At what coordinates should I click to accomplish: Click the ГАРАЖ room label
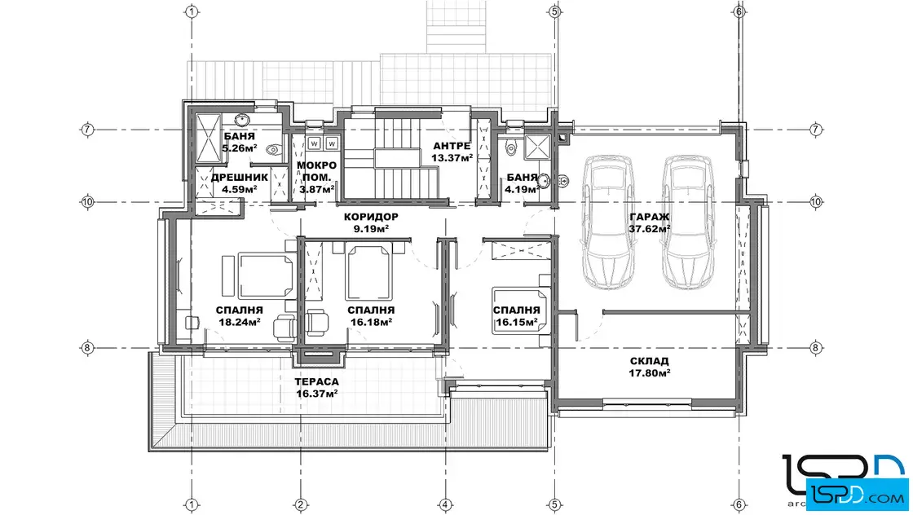tap(649, 217)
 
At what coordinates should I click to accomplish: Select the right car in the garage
tap(688, 222)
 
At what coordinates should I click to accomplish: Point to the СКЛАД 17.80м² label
tap(649, 368)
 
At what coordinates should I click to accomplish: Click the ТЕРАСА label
tap(317, 381)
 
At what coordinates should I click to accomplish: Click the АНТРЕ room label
tap(452, 146)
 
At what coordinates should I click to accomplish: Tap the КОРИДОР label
tap(371, 217)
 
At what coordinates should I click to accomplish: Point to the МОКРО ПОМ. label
tap(317, 171)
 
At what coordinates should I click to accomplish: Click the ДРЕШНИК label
tap(240, 178)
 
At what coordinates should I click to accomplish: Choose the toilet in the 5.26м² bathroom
tap(273, 151)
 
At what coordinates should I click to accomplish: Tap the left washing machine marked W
tap(315, 143)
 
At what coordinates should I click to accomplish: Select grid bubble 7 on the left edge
tap(87, 130)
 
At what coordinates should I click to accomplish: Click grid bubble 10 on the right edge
tap(816, 202)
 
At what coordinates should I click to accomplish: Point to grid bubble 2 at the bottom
tap(301, 504)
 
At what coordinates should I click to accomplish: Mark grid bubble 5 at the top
tap(554, 11)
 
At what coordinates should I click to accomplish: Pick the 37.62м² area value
tap(649, 229)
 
